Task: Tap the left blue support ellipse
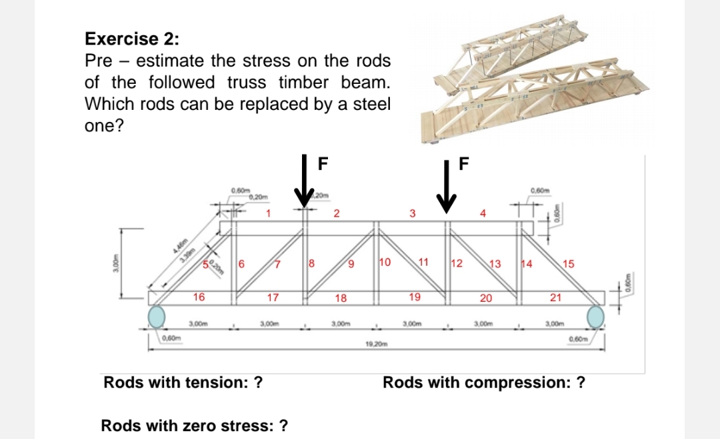(x=157, y=316)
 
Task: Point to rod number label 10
(x=385, y=261)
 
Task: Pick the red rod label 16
(x=199, y=297)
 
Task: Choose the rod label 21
(x=555, y=297)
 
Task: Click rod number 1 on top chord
(x=268, y=214)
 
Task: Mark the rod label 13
(x=495, y=264)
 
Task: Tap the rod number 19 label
(x=414, y=297)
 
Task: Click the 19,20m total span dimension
(x=377, y=344)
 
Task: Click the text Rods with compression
(x=484, y=383)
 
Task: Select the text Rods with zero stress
(x=194, y=426)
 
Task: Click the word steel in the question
(x=373, y=105)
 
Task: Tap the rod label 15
(x=568, y=264)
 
